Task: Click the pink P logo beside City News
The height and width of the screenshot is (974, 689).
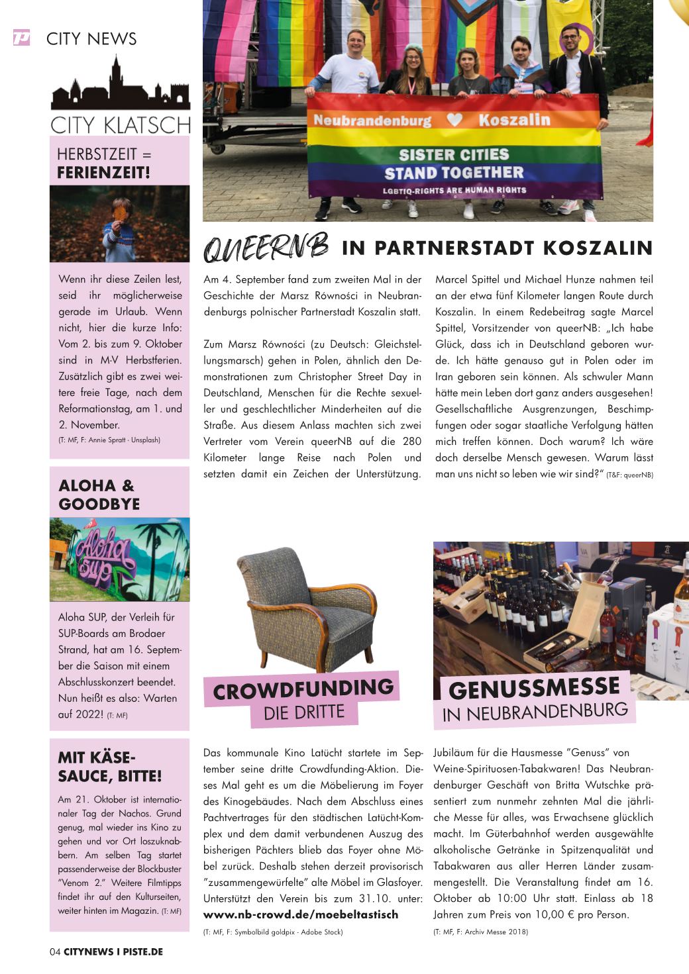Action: pos(21,38)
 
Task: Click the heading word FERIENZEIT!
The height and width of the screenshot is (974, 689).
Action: pos(103,173)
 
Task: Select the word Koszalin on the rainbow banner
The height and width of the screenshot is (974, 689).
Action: pos(514,120)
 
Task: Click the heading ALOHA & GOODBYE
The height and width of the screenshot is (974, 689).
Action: pos(99,495)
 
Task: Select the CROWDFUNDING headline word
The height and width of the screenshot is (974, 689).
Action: pos(303,689)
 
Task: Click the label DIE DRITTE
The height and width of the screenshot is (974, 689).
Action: pos(304,713)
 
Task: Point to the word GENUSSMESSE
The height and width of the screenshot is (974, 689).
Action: pos(534,688)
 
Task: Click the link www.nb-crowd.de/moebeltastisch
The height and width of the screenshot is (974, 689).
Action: pos(301,914)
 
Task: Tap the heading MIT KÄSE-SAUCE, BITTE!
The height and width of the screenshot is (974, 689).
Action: pos(109,767)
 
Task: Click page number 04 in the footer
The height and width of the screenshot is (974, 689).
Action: pos(55,952)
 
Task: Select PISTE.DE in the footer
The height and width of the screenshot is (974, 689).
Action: pos(142,952)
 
